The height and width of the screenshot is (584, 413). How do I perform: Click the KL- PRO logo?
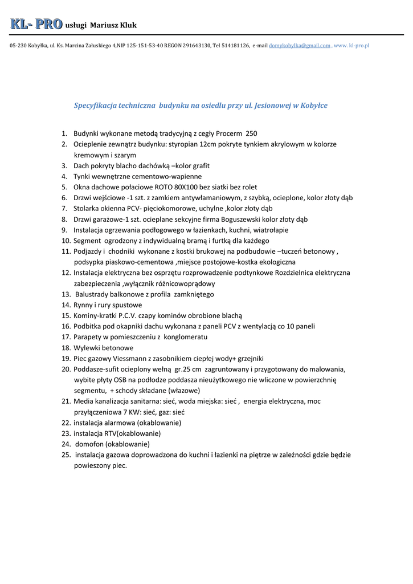coord(35,24)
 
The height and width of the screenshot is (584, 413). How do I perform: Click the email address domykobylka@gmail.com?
coord(300,45)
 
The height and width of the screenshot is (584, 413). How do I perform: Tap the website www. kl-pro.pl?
coord(351,45)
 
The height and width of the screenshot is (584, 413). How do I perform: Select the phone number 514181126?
coord(235,45)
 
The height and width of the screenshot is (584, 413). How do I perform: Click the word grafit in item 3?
coord(201,165)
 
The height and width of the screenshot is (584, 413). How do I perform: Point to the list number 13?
coord(66,294)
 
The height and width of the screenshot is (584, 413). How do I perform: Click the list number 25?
coord(66,455)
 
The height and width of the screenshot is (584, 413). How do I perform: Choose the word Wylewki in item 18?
coord(86,348)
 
